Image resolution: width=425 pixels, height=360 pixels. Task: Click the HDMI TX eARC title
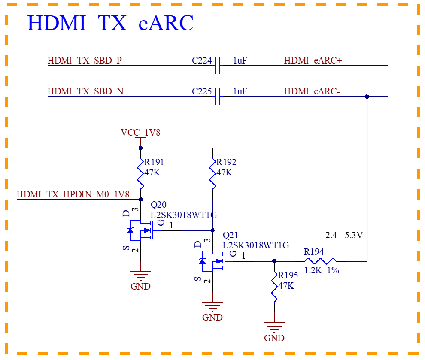110,23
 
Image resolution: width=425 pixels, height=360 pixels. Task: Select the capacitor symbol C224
218,66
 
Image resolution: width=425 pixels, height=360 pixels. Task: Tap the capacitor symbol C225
218,97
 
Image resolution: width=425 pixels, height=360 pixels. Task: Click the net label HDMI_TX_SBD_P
85,61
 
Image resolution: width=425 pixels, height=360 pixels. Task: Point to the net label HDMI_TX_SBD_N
86,91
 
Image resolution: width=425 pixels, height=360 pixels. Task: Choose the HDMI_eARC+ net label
313,61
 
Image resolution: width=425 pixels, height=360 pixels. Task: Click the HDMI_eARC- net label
312,91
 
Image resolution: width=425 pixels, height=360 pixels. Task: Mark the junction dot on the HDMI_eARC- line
367,97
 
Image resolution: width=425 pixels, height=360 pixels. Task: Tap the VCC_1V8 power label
140,133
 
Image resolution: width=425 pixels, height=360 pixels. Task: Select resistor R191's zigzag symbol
140,174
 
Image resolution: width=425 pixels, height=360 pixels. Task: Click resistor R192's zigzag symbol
212,174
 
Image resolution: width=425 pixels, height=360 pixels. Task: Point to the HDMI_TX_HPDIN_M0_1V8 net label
73,194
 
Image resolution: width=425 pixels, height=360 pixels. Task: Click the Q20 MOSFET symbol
141,230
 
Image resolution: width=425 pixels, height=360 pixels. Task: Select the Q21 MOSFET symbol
213,261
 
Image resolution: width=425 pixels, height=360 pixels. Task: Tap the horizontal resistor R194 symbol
320,261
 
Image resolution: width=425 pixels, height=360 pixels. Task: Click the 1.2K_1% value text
322,270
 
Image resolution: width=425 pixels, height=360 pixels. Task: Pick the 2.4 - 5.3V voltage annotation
344,235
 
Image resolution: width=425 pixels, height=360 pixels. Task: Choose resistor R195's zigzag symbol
274,287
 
